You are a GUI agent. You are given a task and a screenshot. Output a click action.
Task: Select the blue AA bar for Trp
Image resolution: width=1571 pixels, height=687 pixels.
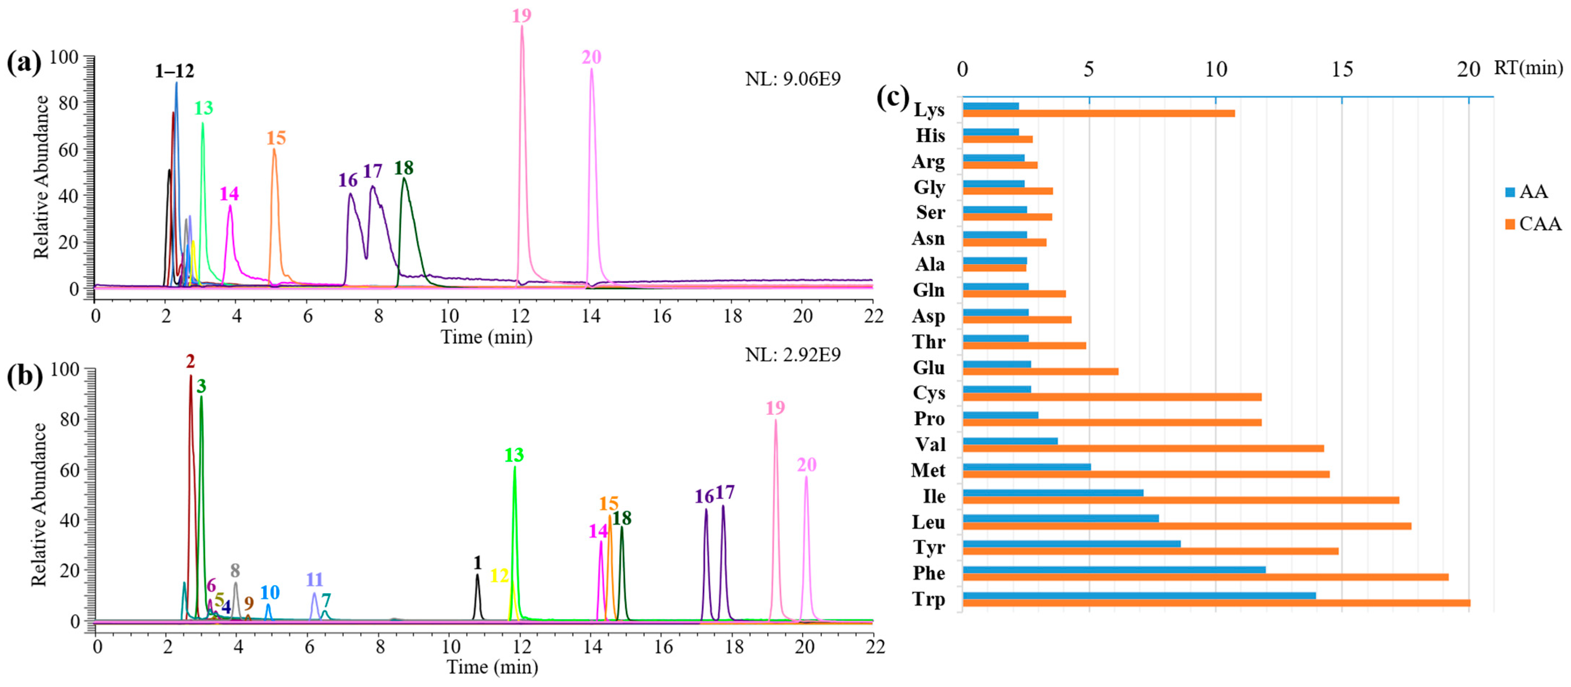[1139, 596]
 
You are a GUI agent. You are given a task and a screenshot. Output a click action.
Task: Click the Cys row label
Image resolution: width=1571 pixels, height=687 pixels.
[928, 393]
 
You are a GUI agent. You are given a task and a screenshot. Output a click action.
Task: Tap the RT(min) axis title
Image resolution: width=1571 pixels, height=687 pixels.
[1528, 68]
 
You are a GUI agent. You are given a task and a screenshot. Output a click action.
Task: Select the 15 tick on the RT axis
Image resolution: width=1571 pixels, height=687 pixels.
[1342, 70]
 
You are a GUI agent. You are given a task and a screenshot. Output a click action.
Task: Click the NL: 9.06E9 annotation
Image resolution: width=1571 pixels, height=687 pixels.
[792, 79]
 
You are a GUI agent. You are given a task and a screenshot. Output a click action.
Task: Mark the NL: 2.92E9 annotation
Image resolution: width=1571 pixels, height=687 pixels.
[792, 355]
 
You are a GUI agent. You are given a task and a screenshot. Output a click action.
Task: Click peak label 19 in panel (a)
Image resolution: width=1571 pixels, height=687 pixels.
[521, 16]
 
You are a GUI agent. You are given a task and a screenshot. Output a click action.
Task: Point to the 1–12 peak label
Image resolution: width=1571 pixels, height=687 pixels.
[174, 71]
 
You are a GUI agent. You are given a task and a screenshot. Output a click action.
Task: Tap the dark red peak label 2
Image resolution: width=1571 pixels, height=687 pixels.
[190, 362]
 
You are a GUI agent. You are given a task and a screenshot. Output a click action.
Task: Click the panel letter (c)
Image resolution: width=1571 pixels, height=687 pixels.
[892, 97]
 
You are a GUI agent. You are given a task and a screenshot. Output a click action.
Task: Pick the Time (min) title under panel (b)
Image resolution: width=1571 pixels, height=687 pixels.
[492, 667]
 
